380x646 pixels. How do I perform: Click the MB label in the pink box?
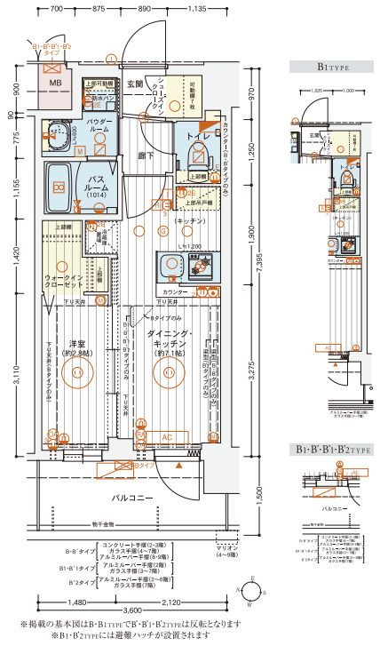point(55,84)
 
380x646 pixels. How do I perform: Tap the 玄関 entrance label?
point(134,84)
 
